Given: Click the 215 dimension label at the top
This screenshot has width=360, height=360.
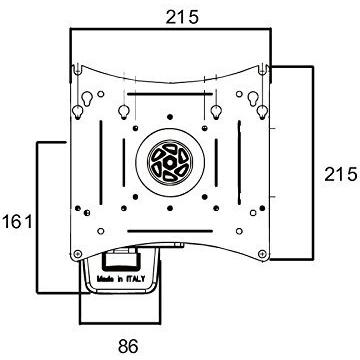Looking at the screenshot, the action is click(x=182, y=17).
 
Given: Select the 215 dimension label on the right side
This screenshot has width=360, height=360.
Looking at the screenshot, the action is click(x=340, y=174).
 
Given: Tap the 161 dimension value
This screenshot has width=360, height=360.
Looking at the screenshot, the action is click(x=17, y=222).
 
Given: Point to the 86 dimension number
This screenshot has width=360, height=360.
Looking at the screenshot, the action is click(x=128, y=347).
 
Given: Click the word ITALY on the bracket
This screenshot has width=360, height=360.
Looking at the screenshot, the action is click(x=135, y=279).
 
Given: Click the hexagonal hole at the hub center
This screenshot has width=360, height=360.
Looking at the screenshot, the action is click(x=170, y=163).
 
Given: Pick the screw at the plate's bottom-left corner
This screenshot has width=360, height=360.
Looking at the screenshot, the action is click(x=77, y=254).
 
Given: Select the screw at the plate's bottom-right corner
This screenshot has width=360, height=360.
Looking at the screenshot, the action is click(x=262, y=254).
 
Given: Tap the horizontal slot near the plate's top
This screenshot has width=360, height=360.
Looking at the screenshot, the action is click(x=170, y=94).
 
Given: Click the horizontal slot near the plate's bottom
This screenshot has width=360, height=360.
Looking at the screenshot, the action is click(x=170, y=231).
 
